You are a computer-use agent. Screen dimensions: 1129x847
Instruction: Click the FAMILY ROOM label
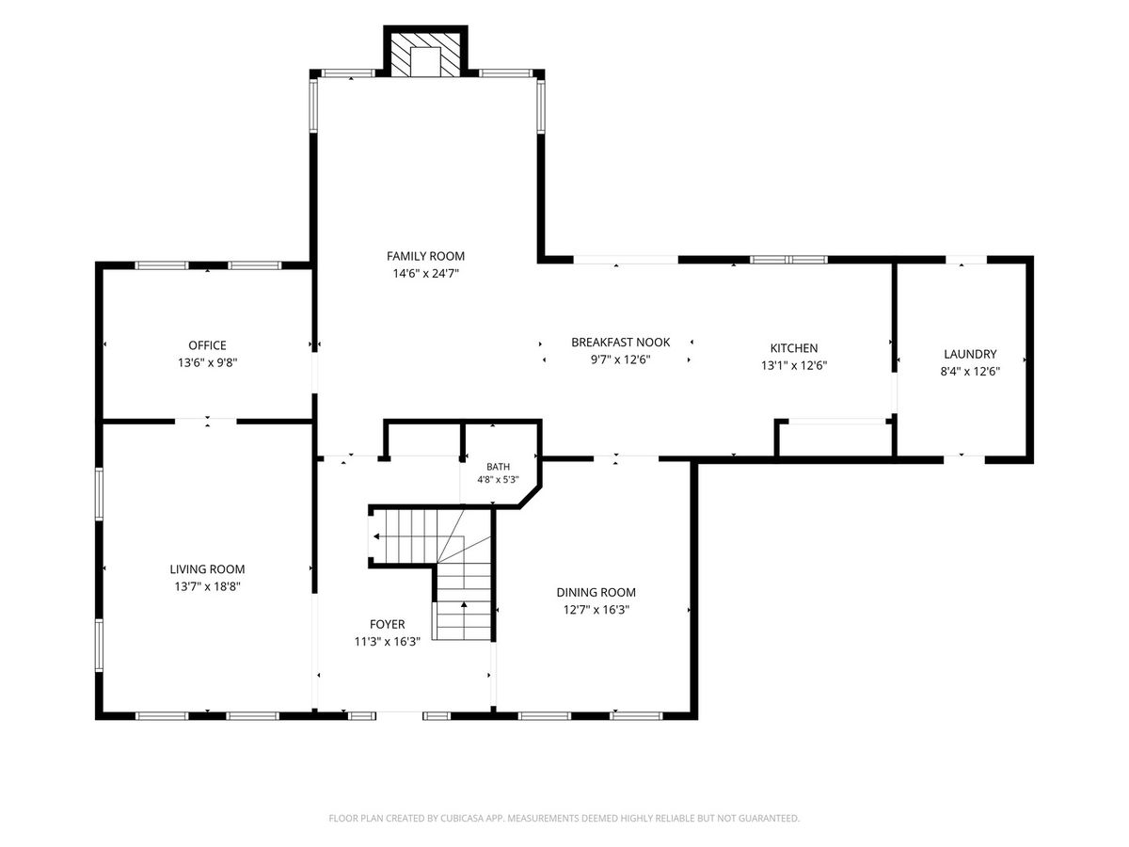425,256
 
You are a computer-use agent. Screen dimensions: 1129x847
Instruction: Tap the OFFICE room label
207,345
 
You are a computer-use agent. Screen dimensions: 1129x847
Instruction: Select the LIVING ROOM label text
207,568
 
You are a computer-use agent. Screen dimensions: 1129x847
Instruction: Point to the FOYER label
388,624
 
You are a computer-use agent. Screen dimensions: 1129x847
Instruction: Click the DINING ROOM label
596,592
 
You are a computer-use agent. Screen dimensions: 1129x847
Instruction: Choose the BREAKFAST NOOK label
621,342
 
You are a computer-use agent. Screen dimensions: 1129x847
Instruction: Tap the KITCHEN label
794,347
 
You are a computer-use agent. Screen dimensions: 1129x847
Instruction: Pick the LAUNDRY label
970,354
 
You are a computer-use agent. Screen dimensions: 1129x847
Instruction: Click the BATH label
498,467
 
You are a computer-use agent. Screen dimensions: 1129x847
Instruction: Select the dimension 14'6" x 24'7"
426,274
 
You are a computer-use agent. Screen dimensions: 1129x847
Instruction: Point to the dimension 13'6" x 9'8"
208,362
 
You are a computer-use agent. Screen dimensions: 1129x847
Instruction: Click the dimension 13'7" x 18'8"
208,586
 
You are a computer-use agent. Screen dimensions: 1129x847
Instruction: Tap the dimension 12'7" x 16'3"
596,610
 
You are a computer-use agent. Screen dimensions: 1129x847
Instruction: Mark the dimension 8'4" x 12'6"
971,372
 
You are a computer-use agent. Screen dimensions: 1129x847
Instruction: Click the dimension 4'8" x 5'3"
498,480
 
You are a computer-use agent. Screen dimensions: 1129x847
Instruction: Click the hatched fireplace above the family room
425,56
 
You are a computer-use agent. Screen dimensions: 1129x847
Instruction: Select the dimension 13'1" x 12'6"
794,365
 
